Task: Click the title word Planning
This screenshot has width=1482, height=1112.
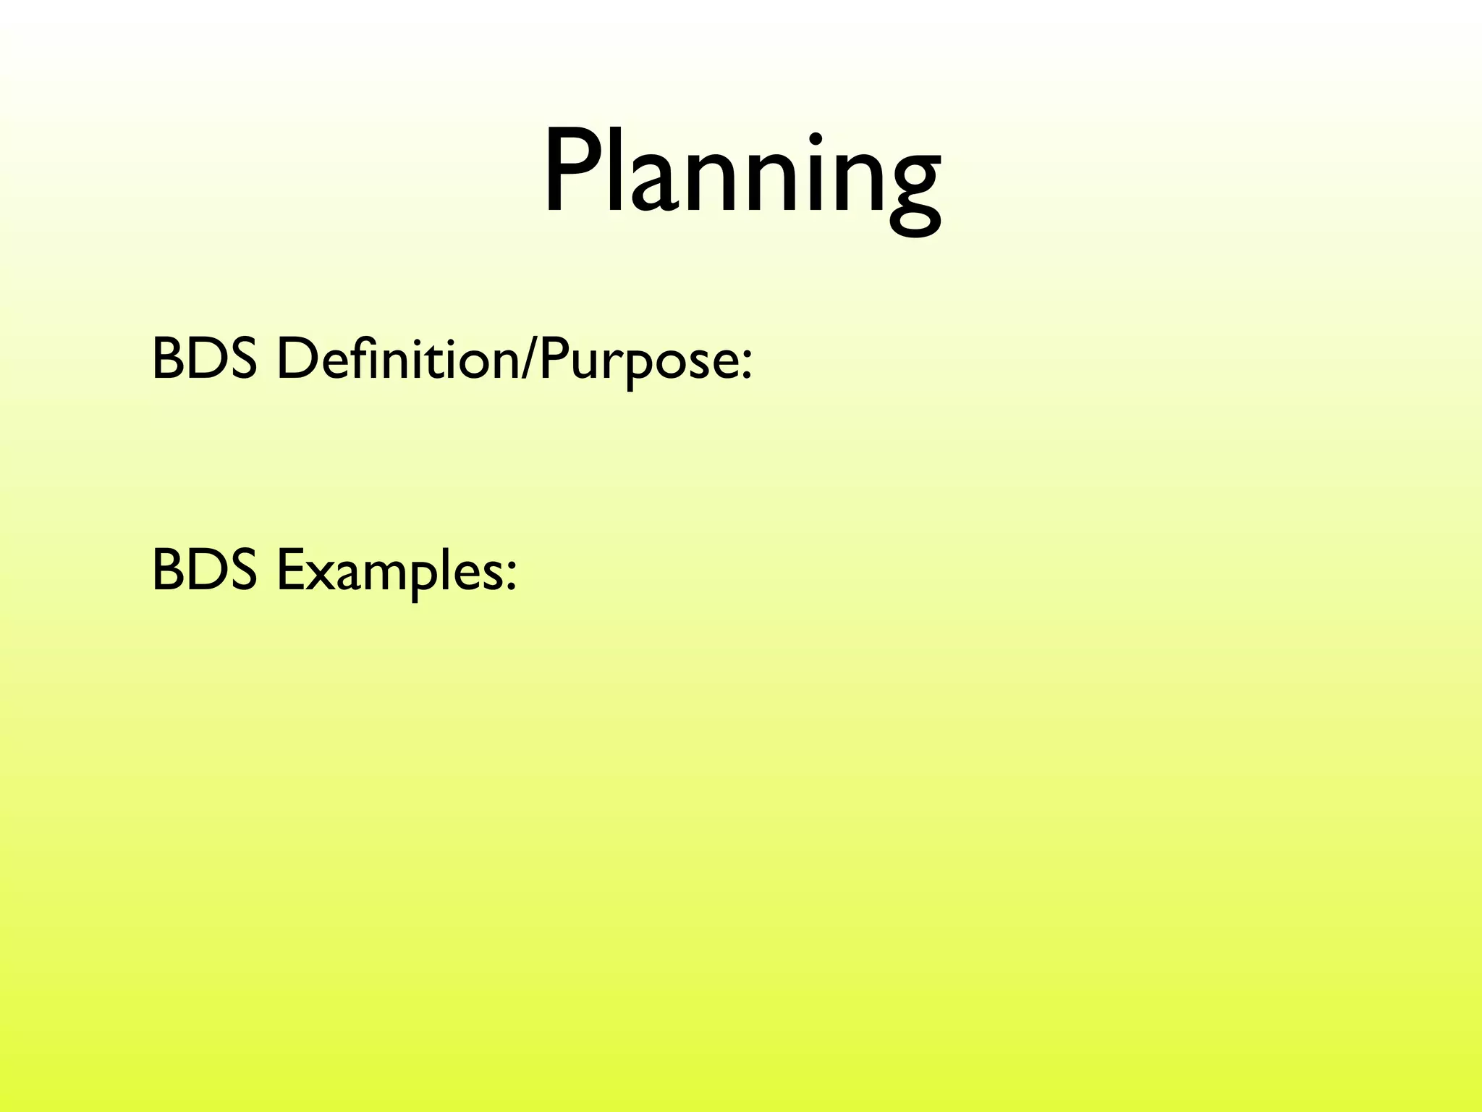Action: click(x=742, y=174)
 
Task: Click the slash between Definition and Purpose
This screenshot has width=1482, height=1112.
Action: click(x=530, y=360)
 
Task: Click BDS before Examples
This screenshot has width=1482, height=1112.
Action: click(x=204, y=570)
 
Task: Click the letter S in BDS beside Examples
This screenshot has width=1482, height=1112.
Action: click(x=241, y=570)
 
